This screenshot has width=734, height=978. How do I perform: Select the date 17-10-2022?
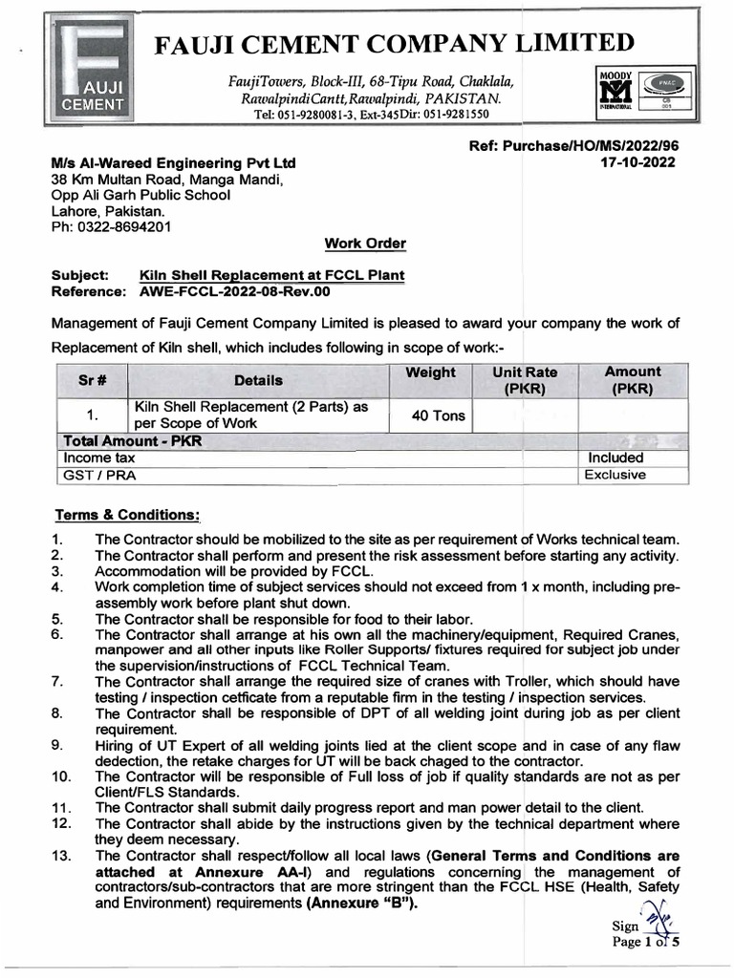[635, 162]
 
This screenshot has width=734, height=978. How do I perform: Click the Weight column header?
[430, 372]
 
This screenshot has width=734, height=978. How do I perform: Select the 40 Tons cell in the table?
[430, 415]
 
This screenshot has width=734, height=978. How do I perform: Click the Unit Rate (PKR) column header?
[525, 380]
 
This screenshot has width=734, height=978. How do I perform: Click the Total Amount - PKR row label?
[133, 441]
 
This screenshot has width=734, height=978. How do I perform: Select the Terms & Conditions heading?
[126, 515]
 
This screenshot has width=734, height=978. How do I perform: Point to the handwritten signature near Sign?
[658, 919]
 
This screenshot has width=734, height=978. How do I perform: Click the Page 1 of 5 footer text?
[645, 941]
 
